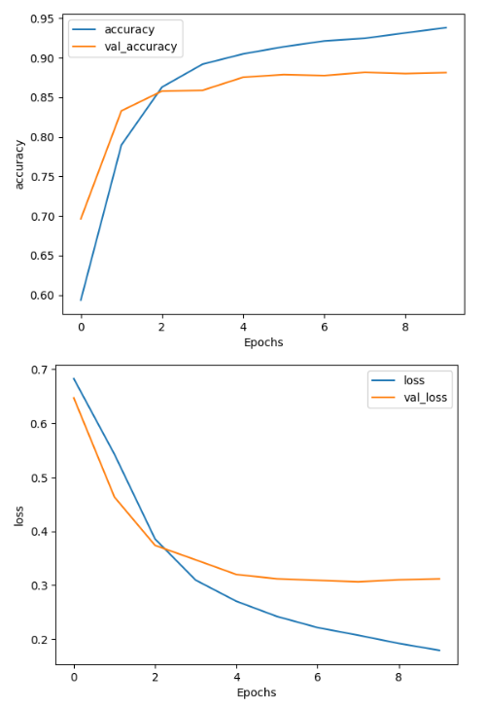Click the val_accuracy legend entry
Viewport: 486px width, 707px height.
point(140,46)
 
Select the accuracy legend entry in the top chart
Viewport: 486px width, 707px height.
point(129,29)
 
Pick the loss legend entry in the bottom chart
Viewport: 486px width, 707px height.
point(414,380)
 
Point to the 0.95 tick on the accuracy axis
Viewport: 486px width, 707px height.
point(42,18)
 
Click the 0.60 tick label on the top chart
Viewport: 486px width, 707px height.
point(42,296)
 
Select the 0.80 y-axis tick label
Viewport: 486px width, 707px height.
point(42,137)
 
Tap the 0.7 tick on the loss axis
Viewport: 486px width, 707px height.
point(38,370)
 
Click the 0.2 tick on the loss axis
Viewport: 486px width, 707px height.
point(38,639)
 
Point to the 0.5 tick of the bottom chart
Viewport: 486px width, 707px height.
point(38,477)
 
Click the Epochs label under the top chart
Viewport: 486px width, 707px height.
point(263,342)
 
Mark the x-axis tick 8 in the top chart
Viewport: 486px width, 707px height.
point(405,328)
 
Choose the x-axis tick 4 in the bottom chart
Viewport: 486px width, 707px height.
point(236,676)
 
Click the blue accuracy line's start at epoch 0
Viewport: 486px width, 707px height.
point(81,300)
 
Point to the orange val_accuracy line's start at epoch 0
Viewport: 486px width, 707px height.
point(81,219)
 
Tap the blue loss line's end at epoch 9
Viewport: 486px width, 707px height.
point(439,651)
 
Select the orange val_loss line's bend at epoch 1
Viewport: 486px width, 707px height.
point(114,497)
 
